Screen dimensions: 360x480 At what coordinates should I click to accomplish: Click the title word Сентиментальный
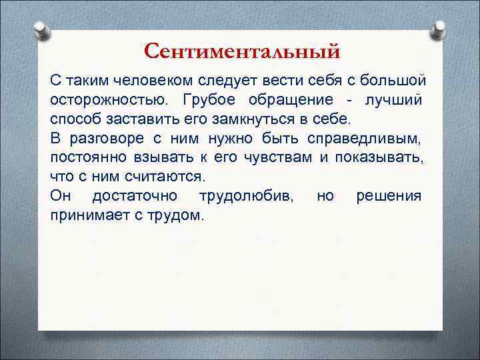coord(242,51)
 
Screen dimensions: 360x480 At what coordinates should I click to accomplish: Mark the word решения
coord(389,196)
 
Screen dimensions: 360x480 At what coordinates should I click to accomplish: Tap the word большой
coord(393,81)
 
